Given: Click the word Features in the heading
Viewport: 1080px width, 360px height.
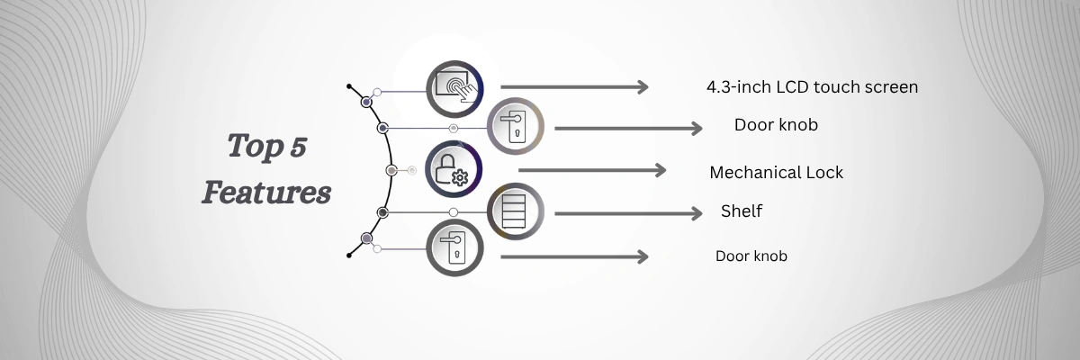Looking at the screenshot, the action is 266,193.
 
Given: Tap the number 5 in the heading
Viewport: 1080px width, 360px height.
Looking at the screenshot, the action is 299,147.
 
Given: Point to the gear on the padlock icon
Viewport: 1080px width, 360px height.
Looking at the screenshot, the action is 460,178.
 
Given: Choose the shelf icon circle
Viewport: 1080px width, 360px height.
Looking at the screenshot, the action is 516,211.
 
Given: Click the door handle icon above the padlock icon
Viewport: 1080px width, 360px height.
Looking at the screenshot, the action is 516,126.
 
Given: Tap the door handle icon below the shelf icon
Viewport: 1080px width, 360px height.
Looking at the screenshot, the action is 454,247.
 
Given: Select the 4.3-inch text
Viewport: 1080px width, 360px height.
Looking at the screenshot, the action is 739,87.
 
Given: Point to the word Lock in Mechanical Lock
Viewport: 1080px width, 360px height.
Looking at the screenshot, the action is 825,173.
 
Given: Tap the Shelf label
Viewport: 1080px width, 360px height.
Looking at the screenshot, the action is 742,211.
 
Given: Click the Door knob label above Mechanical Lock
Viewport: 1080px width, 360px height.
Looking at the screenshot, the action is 776,125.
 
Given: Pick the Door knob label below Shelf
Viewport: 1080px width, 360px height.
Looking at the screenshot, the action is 751,256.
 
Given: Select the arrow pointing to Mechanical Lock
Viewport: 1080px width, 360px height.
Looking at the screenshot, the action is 592,170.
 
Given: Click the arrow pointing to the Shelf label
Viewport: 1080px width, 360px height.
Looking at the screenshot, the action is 628,213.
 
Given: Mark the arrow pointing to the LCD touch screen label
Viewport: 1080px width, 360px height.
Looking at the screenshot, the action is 574,87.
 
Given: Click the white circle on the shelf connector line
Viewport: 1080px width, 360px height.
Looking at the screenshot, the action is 454,212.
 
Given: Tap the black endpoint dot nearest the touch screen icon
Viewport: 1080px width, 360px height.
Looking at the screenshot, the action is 349,86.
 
